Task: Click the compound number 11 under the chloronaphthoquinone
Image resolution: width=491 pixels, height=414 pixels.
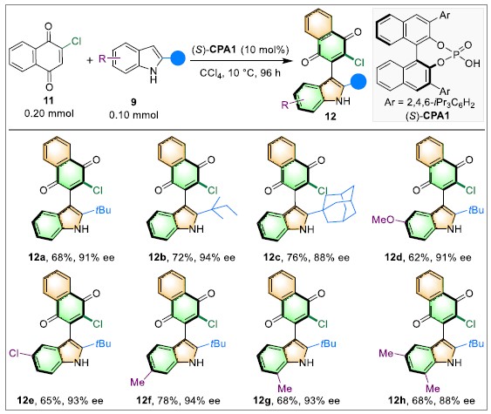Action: [x=49, y=100]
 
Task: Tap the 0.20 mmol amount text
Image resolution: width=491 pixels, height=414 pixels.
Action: [x=49, y=113]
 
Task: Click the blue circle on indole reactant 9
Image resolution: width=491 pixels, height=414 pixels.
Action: [x=177, y=58]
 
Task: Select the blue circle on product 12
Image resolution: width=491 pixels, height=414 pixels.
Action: [x=358, y=81]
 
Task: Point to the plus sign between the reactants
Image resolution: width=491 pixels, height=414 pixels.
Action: [x=90, y=60]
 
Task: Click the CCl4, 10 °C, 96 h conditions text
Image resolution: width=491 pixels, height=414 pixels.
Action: [x=240, y=73]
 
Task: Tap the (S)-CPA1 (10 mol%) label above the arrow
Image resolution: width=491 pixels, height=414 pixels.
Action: [x=240, y=50]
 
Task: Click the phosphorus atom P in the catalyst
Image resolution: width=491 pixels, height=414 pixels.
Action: [x=455, y=55]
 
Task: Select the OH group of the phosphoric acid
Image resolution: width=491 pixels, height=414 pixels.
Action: [x=472, y=64]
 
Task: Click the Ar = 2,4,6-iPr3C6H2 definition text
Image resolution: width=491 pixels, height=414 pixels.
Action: [x=430, y=103]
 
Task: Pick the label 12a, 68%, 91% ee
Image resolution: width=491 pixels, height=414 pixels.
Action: [x=72, y=257]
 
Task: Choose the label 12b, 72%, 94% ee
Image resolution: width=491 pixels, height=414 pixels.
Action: [x=192, y=257]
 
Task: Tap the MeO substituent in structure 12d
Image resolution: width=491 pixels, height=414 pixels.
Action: [x=383, y=220]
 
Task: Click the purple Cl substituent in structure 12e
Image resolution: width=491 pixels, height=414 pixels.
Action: [x=14, y=353]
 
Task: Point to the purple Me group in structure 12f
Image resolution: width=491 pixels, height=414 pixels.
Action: [x=138, y=382]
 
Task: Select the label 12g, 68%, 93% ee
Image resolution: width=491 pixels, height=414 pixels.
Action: [x=297, y=401]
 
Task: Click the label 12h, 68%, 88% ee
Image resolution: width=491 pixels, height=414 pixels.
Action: [x=432, y=401]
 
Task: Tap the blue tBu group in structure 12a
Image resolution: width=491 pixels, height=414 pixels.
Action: [x=103, y=210]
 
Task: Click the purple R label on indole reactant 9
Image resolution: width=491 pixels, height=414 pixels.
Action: [x=102, y=58]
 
